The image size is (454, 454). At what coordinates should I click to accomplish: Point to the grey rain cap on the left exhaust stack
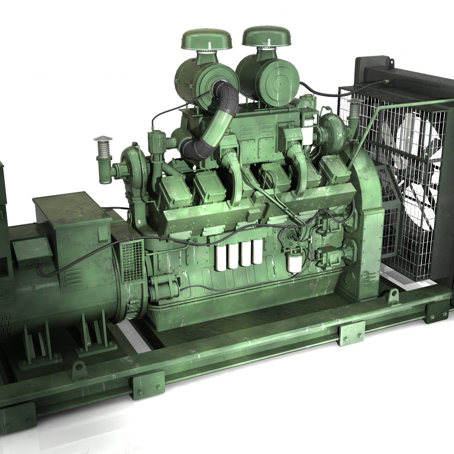103,140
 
